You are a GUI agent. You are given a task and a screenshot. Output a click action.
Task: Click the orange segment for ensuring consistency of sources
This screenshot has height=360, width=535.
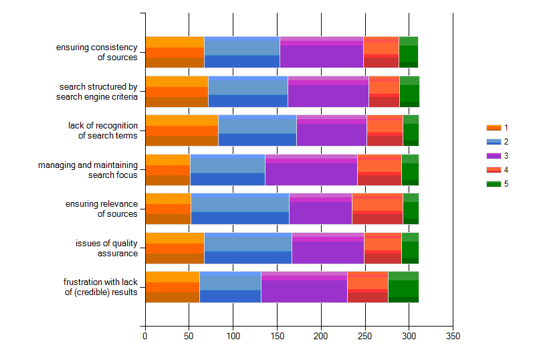[x=175, y=52]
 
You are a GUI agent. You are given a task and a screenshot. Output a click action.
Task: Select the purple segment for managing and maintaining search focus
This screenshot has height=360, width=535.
[x=311, y=170]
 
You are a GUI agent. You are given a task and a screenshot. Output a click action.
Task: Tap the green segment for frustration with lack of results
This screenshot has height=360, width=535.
[x=403, y=287]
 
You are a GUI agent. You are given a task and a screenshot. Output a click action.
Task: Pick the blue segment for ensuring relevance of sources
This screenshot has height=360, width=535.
[x=239, y=209]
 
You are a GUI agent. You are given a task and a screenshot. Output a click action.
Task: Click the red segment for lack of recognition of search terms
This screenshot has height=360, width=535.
[x=385, y=130]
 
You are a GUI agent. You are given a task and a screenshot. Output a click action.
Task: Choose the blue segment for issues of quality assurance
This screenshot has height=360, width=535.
[x=247, y=248]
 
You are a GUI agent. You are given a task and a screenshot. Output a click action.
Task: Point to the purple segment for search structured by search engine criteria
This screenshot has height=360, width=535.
[x=328, y=92]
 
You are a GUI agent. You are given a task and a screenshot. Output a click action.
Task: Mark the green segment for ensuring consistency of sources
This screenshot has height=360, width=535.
[x=408, y=52]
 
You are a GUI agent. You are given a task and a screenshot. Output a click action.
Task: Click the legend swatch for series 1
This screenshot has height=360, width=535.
[x=493, y=127]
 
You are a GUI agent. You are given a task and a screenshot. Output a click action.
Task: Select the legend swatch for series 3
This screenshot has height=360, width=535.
[x=493, y=155]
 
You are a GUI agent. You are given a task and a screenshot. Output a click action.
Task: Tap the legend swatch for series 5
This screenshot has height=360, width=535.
[x=493, y=183]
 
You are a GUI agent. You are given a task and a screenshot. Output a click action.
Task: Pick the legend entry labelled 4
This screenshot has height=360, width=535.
[x=506, y=169]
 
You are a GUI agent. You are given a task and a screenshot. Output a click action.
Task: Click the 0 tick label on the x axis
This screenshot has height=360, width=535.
[x=145, y=335]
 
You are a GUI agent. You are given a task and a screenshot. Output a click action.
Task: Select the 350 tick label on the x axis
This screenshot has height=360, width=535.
[x=453, y=335]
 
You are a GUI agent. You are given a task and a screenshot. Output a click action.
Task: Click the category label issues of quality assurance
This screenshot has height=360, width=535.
[x=106, y=248]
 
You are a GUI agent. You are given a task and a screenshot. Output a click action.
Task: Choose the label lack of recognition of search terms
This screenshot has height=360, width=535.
[x=102, y=130]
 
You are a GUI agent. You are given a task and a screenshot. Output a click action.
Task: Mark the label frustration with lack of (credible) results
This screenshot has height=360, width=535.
[x=100, y=287]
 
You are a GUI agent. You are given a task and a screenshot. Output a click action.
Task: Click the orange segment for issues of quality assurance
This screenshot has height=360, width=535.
[x=175, y=248]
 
